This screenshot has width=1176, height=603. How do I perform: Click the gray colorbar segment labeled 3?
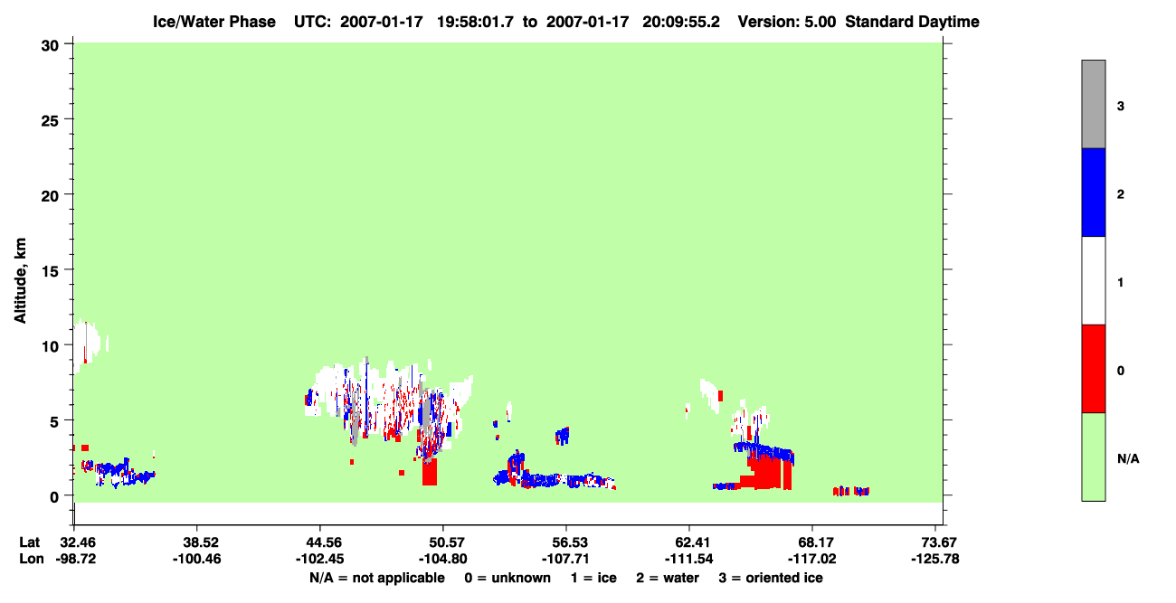[1093, 104]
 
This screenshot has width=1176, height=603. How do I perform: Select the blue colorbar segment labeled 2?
[1093, 192]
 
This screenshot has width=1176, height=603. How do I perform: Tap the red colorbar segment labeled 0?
[1093, 369]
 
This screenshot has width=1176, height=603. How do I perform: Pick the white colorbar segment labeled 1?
[1093, 281]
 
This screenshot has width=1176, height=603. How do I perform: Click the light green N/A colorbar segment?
[1093, 457]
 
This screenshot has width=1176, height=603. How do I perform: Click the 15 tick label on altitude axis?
[50, 271]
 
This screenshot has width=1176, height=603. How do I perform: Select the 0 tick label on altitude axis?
[54, 497]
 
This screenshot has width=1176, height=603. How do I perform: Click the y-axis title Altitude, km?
[21, 280]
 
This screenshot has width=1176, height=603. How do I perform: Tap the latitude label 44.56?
[320, 542]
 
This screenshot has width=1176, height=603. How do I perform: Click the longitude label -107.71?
[566, 559]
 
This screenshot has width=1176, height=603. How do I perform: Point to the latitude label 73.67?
[935, 542]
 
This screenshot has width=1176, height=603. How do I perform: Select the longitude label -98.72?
[76, 559]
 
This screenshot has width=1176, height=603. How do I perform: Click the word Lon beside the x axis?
[32, 559]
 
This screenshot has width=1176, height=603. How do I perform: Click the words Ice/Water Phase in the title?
[214, 22]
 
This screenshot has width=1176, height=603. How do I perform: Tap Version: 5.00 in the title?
[787, 22]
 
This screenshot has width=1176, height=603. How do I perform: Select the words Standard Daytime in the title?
[913, 22]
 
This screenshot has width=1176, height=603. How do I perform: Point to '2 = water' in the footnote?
[668, 578]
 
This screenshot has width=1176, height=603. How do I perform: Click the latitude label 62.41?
[689, 542]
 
